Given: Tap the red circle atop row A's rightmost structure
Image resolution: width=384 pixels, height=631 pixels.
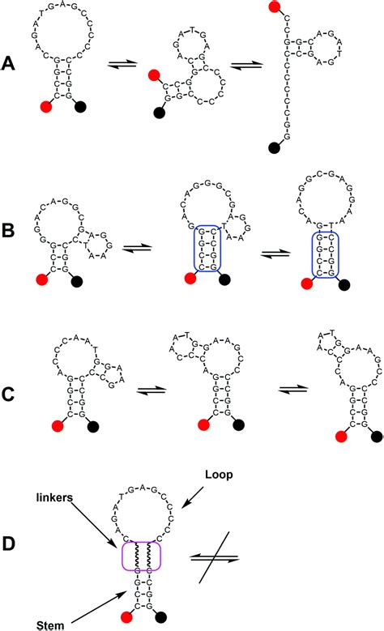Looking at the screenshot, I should pyautogui.click(x=279, y=7).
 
